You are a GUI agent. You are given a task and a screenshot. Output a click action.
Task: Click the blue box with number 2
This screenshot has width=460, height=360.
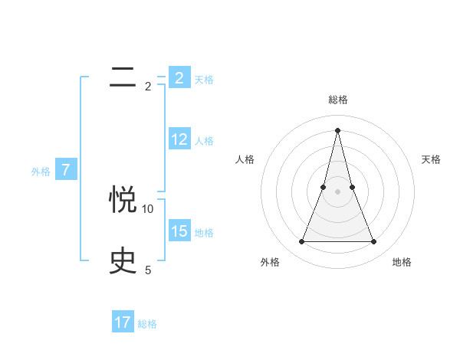179,78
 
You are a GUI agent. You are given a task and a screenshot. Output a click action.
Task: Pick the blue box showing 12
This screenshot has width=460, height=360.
179,139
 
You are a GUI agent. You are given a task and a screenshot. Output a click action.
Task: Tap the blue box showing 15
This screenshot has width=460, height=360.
179,231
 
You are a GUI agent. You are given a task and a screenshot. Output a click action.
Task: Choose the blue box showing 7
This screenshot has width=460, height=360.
66,170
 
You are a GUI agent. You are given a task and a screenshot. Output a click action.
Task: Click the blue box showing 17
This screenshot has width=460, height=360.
123,322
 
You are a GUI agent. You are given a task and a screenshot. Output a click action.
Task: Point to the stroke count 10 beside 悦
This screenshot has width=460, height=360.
148,208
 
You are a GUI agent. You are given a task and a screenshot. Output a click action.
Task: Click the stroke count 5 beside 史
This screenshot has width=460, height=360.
148,270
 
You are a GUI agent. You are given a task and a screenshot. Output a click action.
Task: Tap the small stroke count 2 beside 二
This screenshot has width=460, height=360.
148,87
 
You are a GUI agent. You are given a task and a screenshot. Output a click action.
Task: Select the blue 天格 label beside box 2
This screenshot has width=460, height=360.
204,80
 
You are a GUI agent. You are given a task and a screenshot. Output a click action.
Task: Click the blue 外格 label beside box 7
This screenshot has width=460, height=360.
41,172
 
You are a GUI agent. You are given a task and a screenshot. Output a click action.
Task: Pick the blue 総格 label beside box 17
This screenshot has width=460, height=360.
147,324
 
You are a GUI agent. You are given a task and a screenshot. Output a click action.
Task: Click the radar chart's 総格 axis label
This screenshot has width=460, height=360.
338,100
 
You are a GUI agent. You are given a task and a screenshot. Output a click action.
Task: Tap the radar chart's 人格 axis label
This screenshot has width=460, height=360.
245,159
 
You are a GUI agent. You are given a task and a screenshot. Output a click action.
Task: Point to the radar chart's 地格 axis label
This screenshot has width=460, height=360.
402,262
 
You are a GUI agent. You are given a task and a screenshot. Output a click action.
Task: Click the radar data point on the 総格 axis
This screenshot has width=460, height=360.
338,129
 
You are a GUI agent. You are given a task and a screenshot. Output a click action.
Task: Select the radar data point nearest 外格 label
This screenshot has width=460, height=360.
302,242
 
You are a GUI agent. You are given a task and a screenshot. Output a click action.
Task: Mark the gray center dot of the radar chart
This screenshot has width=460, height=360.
338,191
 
